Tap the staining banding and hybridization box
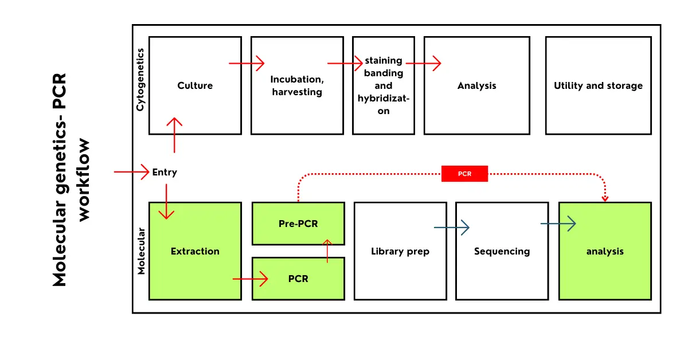click(383, 86)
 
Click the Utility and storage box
click(598, 86)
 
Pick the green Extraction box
click(195, 251)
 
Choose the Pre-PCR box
click(298, 224)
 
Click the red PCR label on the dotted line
click(464, 174)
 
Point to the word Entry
click(165, 172)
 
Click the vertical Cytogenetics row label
click(140, 80)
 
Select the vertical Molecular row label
click(141, 251)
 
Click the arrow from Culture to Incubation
click(247, 63)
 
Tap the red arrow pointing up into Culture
click(174, 135)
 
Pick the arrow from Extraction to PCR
click(250, 279)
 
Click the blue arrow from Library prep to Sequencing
click(452, 228)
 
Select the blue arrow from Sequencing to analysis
click(558, 224)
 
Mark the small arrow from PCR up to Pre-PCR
click(327, 251)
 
